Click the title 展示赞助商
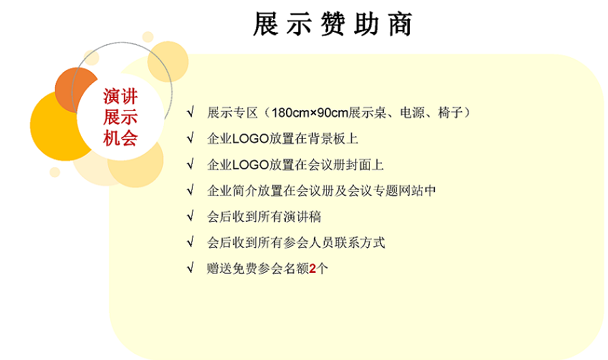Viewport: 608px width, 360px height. click(x=332, y=24)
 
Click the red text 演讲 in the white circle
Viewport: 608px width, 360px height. click(x=121, y=96)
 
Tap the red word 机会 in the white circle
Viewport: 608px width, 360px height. click(x=121, y=138)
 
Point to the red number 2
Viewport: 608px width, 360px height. click(x=313, y=268)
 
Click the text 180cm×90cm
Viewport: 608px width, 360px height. click(x=309, y=113)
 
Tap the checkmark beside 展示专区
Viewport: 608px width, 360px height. click(x=190, y=112)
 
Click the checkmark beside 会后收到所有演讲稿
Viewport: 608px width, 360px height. click(x=190, y=216)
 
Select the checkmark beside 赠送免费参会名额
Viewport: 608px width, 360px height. click(x=190, y=267)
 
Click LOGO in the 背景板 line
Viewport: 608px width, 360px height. click(x=251, y=139)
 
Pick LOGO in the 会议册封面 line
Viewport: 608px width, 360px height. click(x=251, y=165)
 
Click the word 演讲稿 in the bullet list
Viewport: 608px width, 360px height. click(x=302, y=216)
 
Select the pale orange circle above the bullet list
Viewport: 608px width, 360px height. click(x=168, y=62)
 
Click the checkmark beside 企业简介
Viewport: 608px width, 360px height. click(x=190, y=190)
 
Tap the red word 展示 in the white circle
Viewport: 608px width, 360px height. click(x=121, y=117)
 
